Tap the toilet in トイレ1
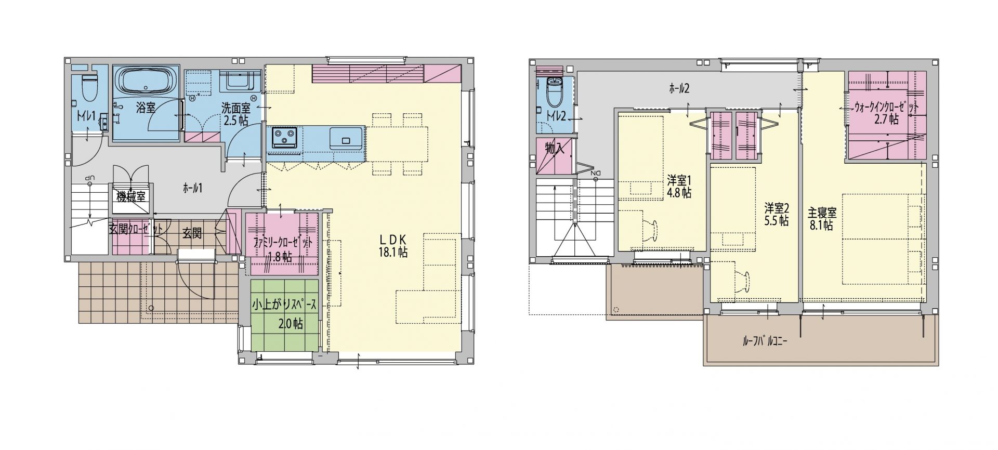coord(90,89)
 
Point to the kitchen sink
coord(346,138)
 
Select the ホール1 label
coord(192,188)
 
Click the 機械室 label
coord(130,196)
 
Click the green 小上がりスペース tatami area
coord(284,315)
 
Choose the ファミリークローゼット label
coord(283,243)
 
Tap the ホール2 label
coord(679,88)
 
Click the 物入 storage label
coord(554,148)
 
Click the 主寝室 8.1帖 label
coord(821,219)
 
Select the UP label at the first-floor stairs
coord(90,178)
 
